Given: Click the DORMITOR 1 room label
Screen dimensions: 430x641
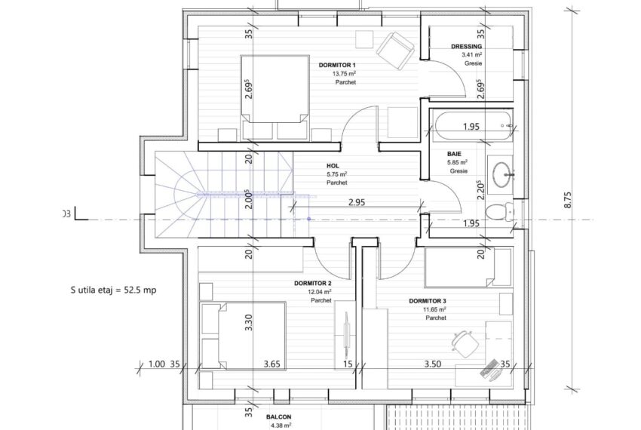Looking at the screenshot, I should tap(337, 66).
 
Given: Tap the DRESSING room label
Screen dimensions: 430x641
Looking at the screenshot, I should tap(466, 46).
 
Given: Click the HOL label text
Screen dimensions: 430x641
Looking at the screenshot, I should tap(333, 165).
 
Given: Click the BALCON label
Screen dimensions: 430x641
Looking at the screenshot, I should tap(279, 417).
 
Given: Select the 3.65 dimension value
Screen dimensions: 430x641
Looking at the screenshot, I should tap(271, 364).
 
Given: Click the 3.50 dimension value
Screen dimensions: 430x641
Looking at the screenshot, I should tap(432, 364).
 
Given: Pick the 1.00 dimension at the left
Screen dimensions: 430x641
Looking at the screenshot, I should tap(156, 364).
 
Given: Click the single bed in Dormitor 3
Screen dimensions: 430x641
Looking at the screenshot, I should tap(468, 268).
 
